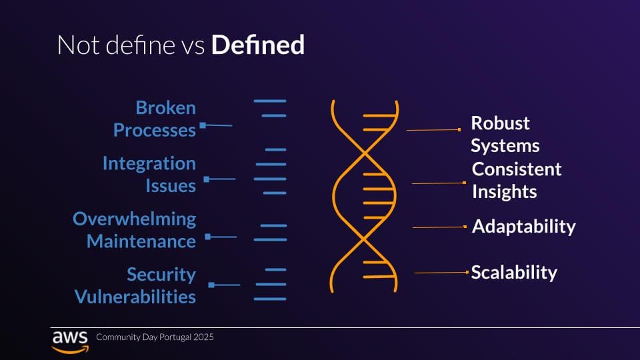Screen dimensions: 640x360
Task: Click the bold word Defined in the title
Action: (257, 45)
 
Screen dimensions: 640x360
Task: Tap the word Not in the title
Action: (78, 45)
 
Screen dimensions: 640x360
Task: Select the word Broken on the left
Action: (166, 108)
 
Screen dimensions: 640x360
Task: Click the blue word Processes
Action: (154, 130)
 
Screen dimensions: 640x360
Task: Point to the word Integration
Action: (149, 163)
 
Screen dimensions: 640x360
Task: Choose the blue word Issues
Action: (171, 186)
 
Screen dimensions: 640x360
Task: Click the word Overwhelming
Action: (134, 219)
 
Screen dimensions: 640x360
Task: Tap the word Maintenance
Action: (141, 241)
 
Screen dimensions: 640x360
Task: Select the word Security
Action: (161, 274)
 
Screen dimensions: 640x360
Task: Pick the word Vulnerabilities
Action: (135, 297)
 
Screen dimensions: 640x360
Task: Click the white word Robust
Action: (500, 123)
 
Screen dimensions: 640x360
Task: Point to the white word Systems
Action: (505, 146)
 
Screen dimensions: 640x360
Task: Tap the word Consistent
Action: (517, 169)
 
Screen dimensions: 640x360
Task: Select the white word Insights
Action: (505, 192)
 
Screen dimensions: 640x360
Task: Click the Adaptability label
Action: (524, 227)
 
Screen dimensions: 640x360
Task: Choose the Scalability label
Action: (514, 272)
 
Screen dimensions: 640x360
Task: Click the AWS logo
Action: (70, 342)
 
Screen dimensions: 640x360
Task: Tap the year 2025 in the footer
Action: (203, 337)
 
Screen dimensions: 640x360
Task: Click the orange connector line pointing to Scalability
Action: (441, 273)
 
